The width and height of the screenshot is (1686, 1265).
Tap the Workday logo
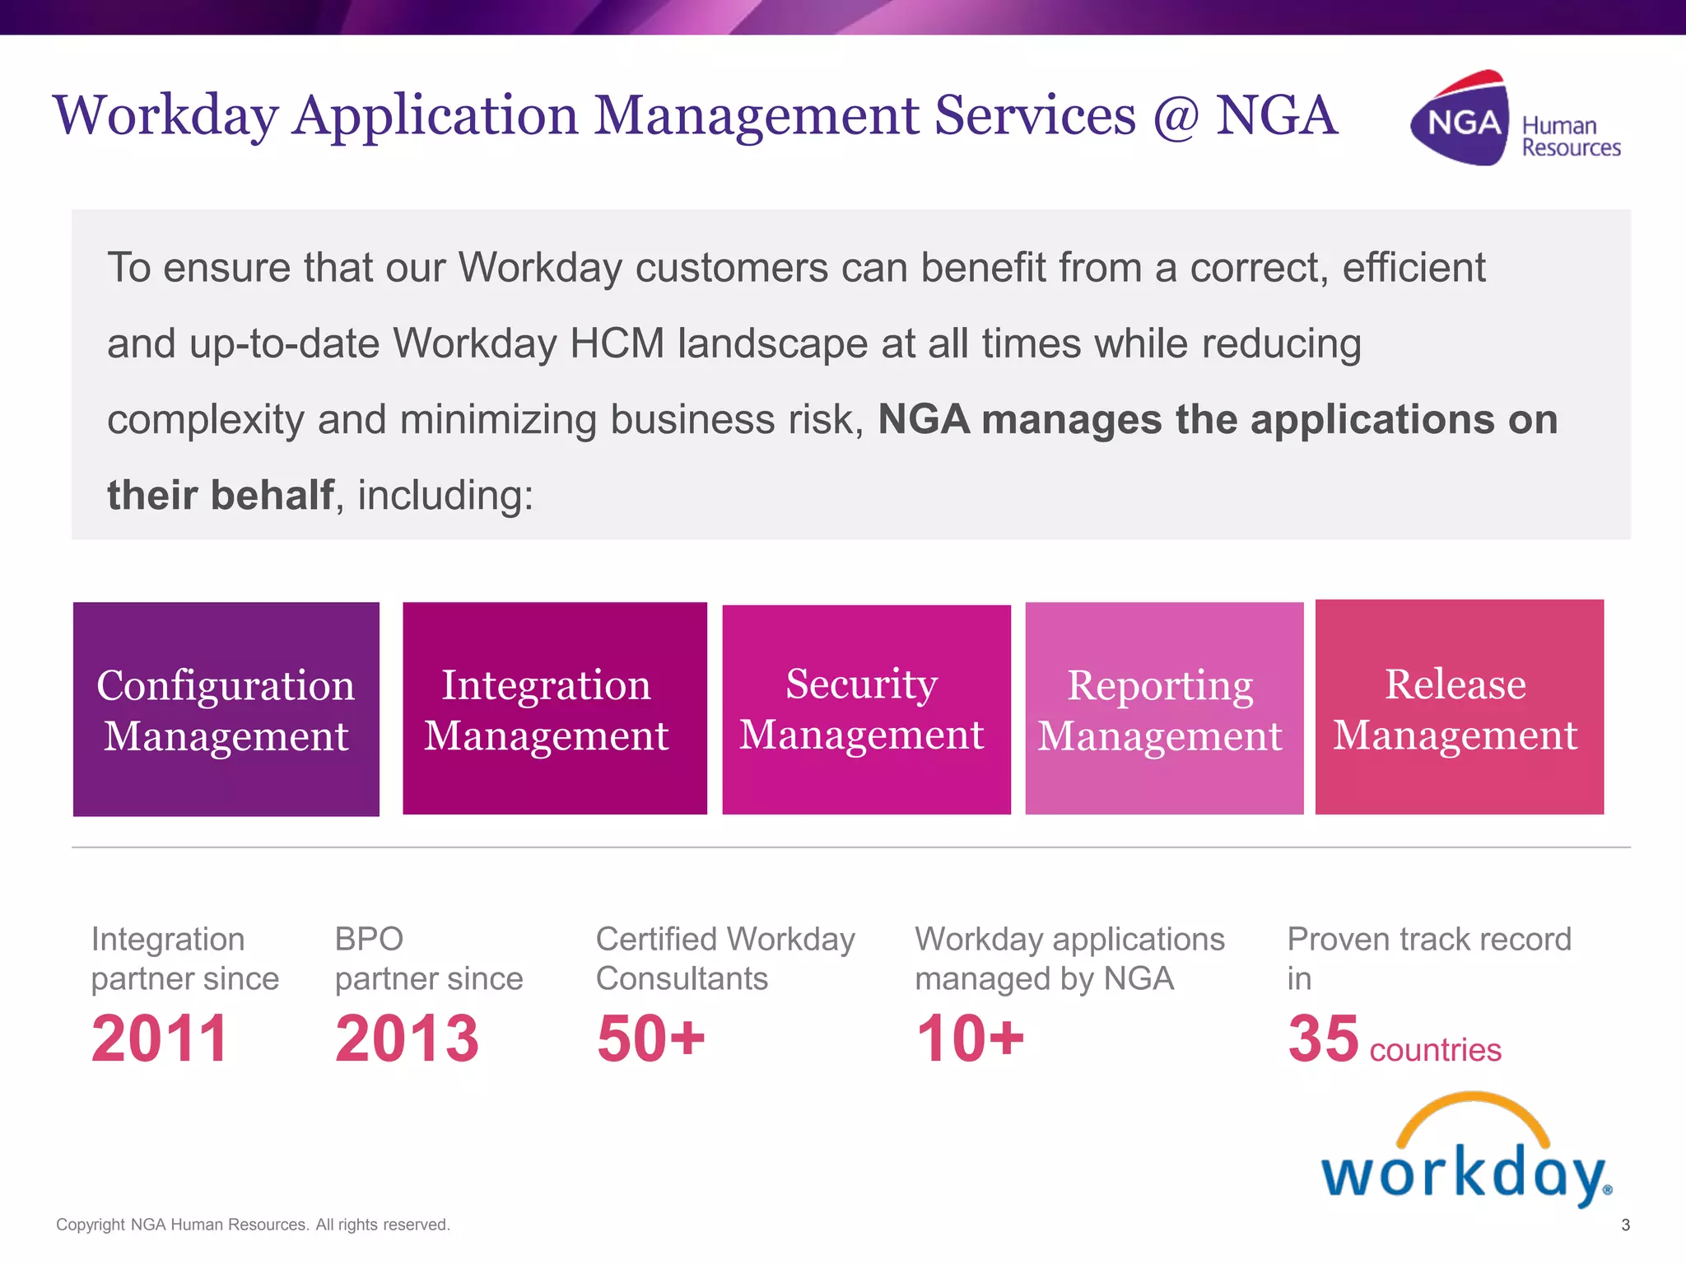coord(1466,1153)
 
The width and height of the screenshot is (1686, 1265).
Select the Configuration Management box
coord(226,709)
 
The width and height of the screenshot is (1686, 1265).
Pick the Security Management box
coord(866,709)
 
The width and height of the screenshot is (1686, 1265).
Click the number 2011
coord(160,1039)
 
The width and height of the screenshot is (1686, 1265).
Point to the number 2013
coord(407,1039)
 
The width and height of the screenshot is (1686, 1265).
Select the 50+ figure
coord(651,1039)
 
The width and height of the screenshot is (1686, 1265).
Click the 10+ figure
coord(971,1039)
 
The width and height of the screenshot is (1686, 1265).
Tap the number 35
coord(1323,1039)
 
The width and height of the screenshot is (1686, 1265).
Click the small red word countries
coord(1435,1050)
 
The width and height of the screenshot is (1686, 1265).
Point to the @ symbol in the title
coord(1175,116)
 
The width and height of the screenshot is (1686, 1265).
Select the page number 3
coord(1625,1225)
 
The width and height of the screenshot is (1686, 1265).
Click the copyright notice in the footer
coord(253,1225)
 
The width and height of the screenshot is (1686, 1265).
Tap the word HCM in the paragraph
coord(617,343)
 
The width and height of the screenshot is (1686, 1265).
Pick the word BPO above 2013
coord(369,939)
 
